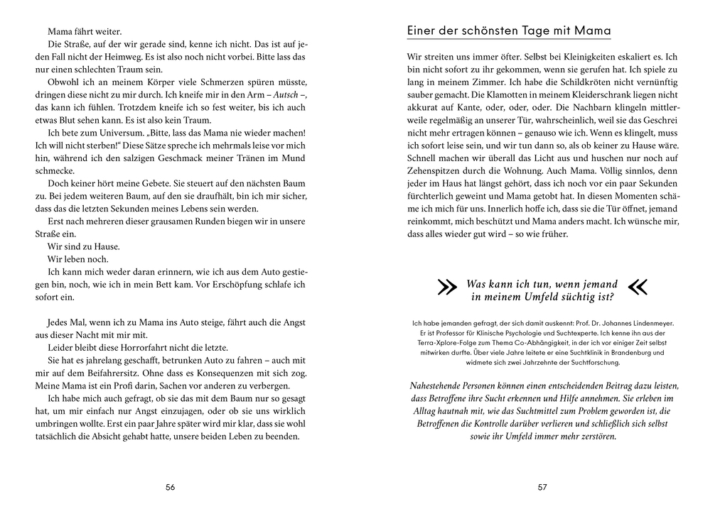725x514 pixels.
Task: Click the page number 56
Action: pyautogui.click(x=170, y=487)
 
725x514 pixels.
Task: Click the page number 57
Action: pyautogui.click(x=542, y=487)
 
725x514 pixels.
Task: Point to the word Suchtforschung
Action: pyautogui.click(x=587, y=362)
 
